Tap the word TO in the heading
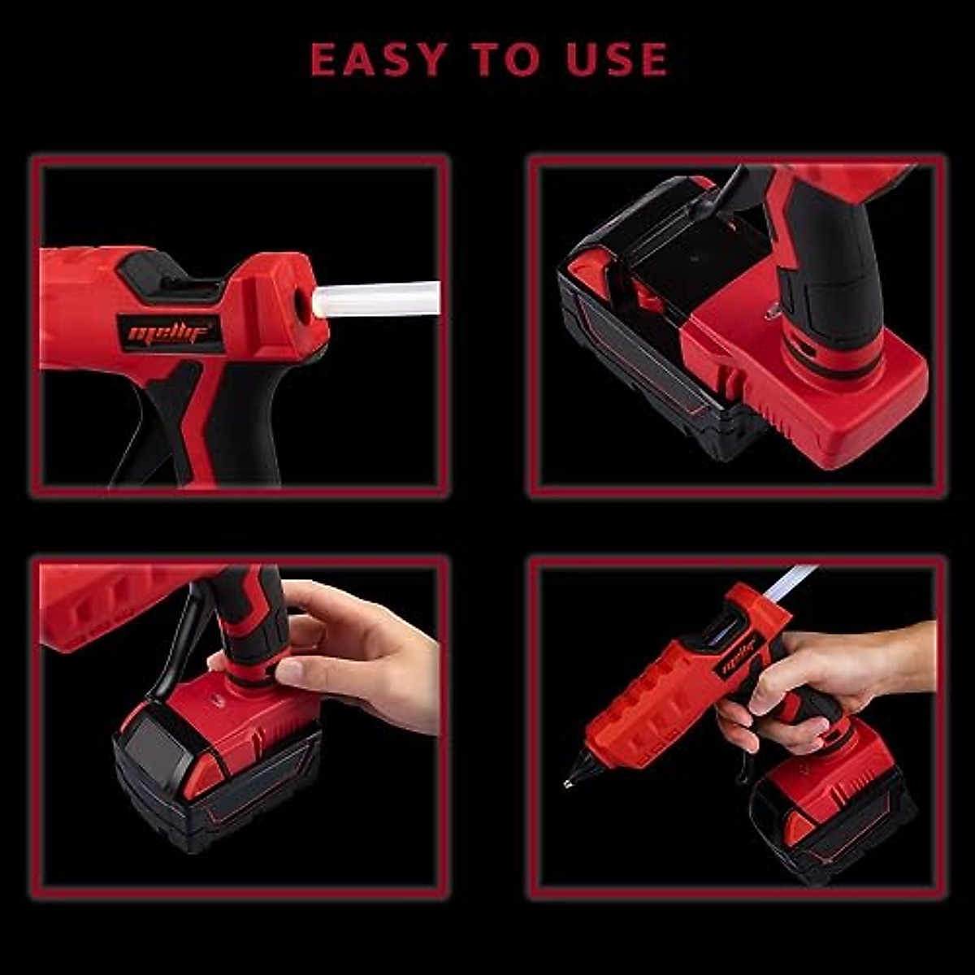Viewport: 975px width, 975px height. click(x=509, y=60)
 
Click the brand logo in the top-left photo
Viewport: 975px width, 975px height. click(x=169, y=333)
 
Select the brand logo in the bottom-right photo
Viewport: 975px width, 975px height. click(x=740, y=656)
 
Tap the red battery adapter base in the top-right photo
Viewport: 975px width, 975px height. click(x=845, y=406)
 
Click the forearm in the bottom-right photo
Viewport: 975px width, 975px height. click(x=902, y=658)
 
